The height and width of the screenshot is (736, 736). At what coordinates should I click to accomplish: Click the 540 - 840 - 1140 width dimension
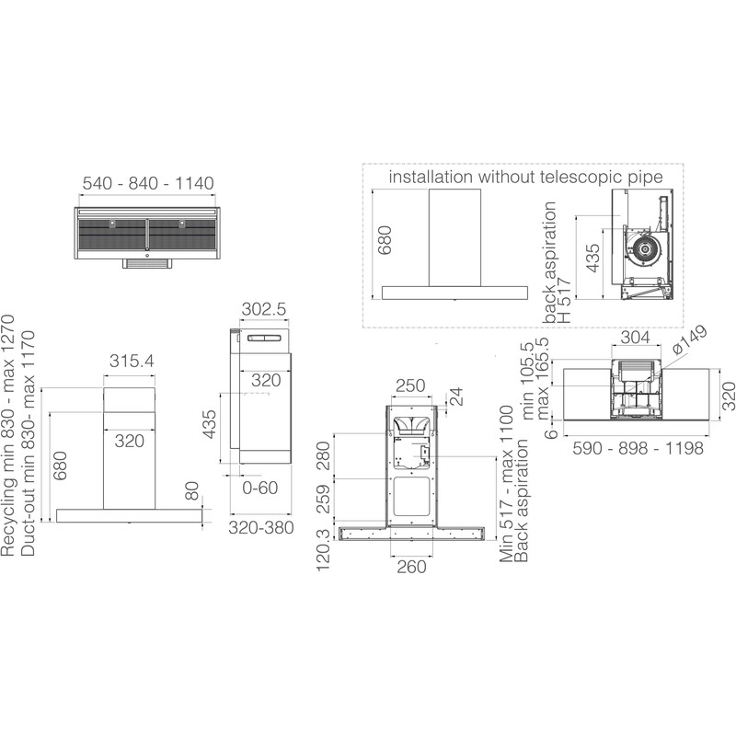[x=148, y=183]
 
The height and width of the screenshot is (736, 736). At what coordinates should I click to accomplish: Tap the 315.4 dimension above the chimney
[x=132, y=361]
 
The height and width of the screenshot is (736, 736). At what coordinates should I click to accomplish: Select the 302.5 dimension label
[x=264, y=309]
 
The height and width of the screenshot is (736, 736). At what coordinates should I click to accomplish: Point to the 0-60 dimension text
[x=260, y=488]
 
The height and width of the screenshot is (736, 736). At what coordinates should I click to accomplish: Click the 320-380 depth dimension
[x=261, y=527]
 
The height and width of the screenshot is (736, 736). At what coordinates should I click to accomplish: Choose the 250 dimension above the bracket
[x=410, y=385]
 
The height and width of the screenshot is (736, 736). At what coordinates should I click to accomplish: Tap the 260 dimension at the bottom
[x=411, y=567]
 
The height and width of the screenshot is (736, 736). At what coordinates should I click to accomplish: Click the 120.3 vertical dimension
[x=323, y=548]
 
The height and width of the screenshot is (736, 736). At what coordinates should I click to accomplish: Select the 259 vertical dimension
[x=324, y=499]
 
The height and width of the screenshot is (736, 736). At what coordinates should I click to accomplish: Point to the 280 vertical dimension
[x=324, y=455]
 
